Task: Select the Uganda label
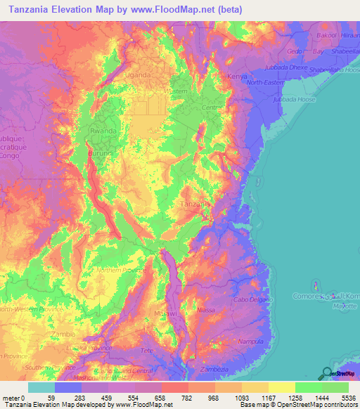(x=137, y=74)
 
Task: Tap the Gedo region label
(x=296, y=52)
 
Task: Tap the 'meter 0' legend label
(x=13, y=398)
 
